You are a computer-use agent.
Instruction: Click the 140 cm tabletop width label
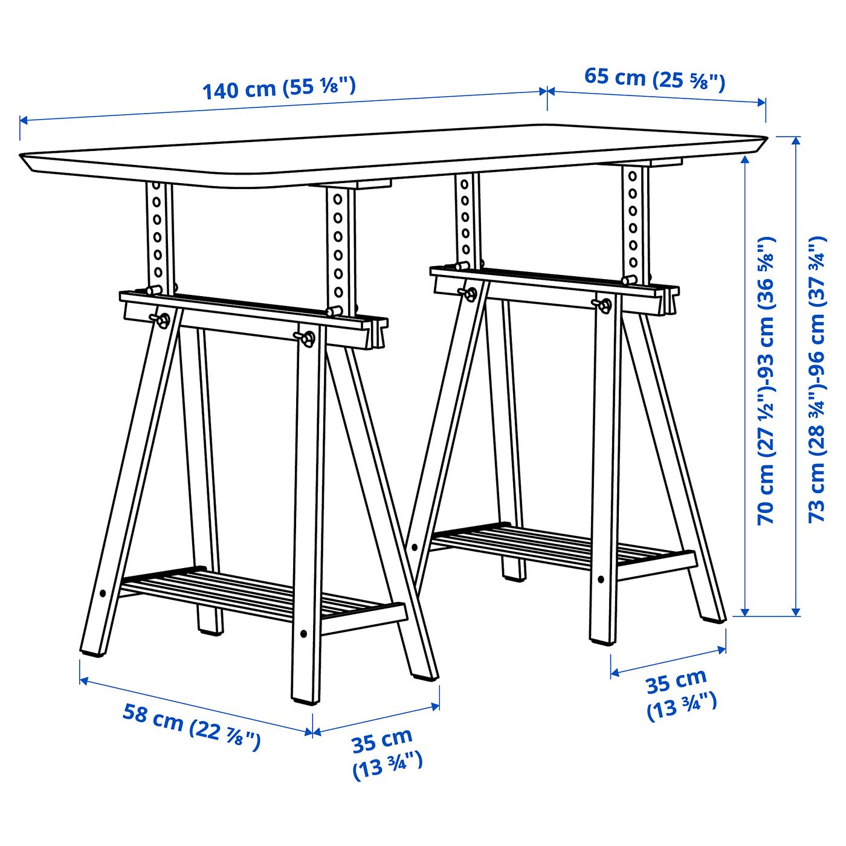click(279, 88)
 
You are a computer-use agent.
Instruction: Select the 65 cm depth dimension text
click(654, 79)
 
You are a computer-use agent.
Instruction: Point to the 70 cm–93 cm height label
click(766, 381)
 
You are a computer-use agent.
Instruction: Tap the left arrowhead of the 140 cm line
click(23, 120)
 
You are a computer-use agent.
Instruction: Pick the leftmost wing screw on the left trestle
click(161, 320)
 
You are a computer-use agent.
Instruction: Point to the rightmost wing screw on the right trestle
click(604, 304)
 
